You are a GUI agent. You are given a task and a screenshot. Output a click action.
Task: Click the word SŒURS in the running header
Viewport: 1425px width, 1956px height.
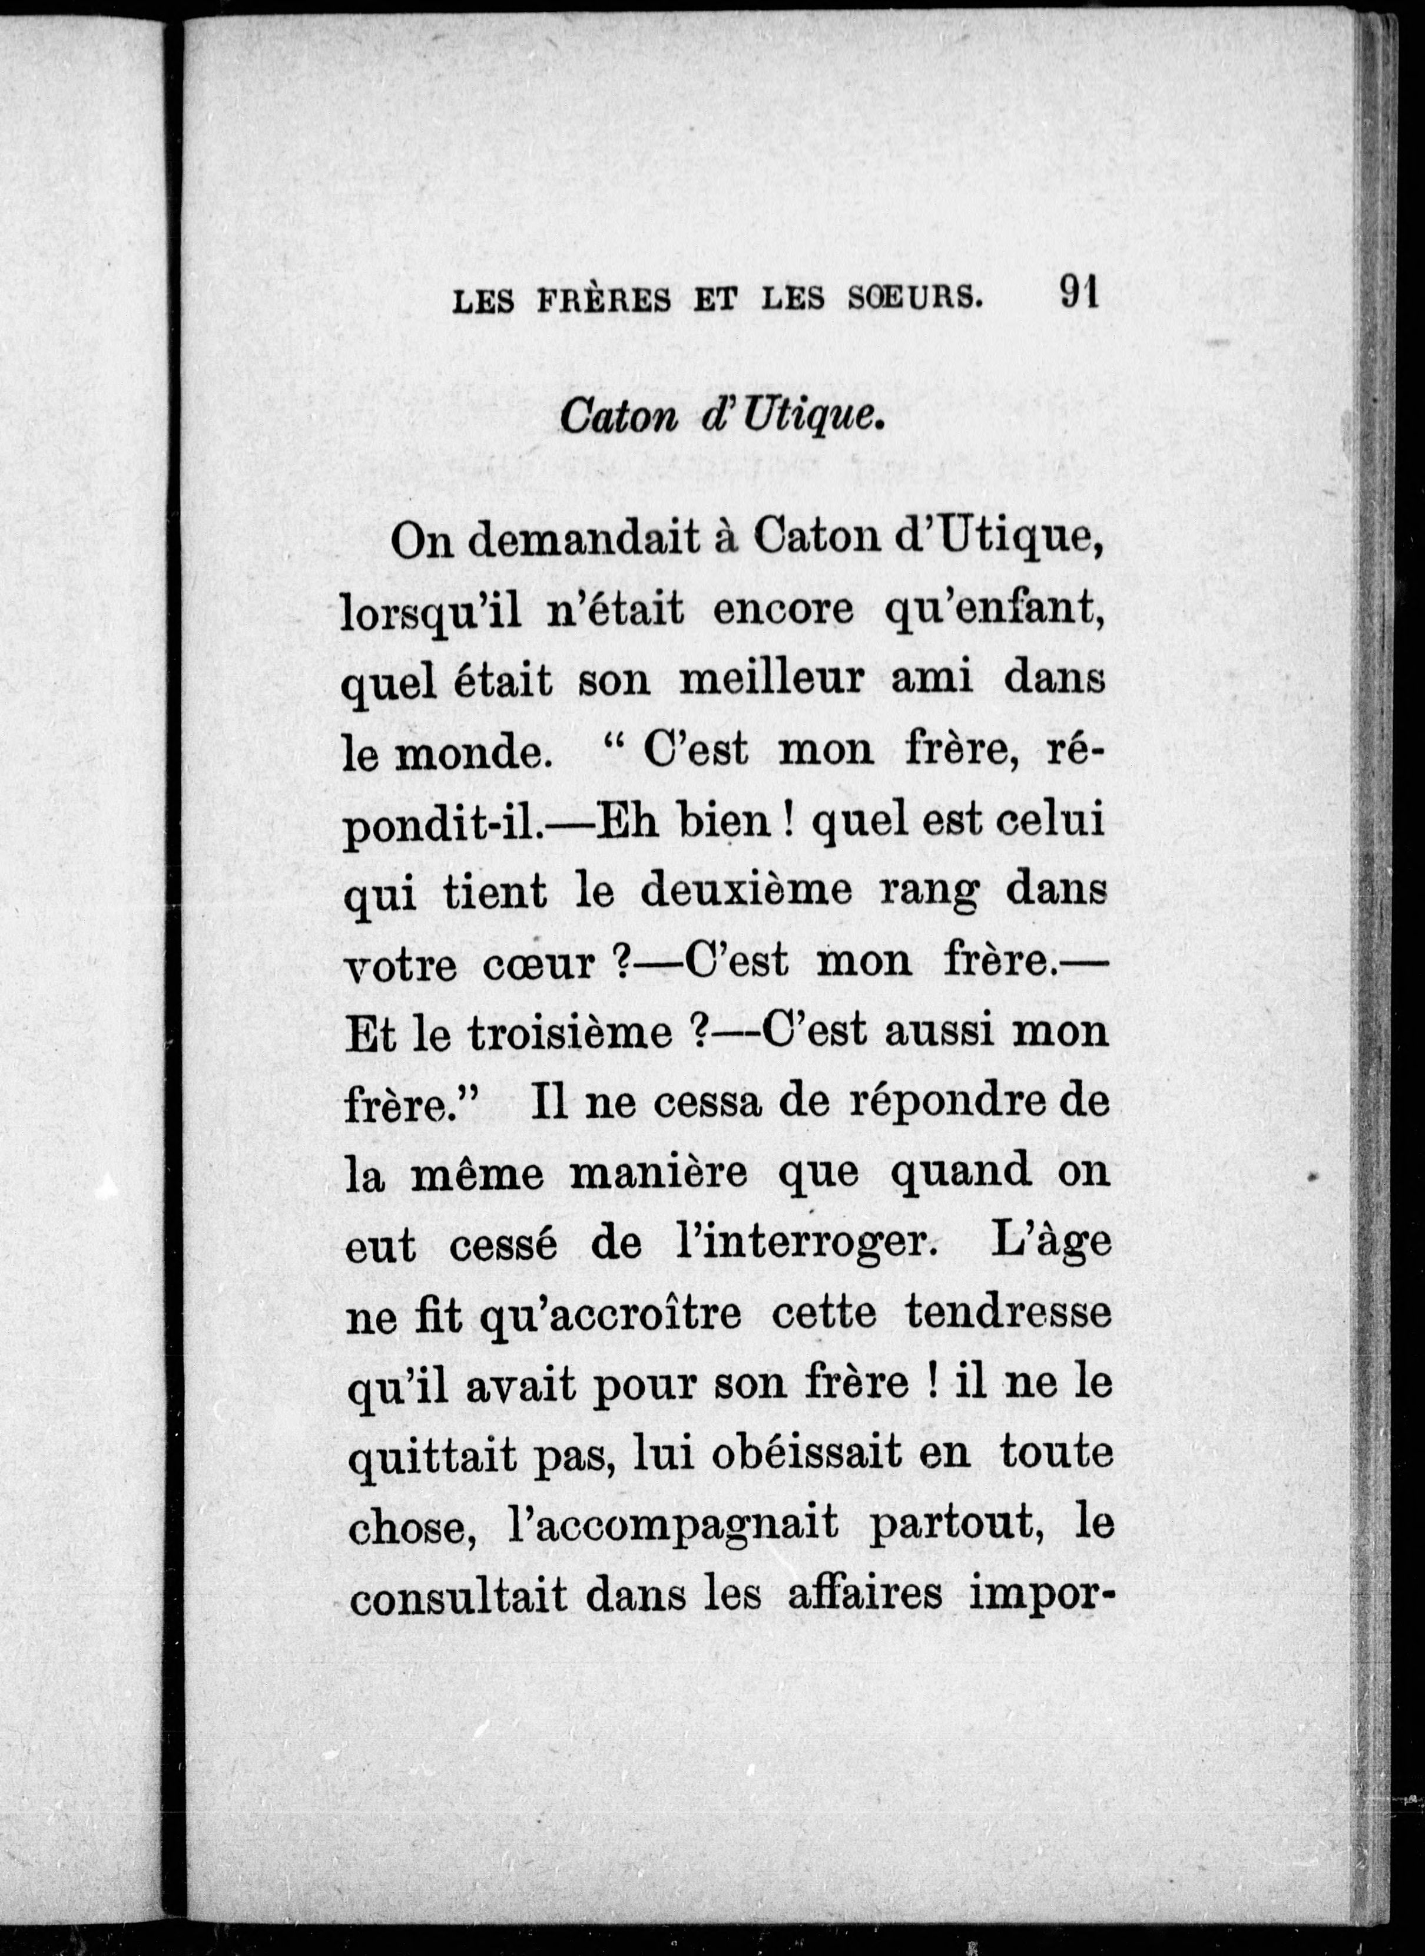pyautogui.click(x=914, y=299)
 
